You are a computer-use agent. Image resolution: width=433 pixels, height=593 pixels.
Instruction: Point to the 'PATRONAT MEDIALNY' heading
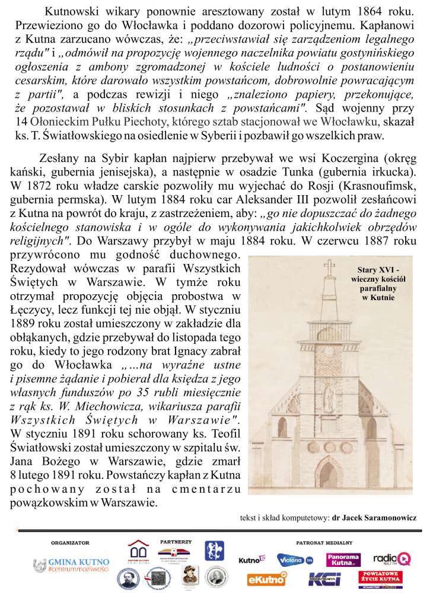(x=324, y=542)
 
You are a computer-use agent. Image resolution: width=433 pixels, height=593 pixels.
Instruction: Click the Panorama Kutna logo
(x=343, y=559)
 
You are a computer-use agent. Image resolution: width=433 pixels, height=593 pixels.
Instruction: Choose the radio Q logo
(x=392, y=558)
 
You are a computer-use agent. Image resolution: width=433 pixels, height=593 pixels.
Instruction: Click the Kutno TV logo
(x=252, y=559)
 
